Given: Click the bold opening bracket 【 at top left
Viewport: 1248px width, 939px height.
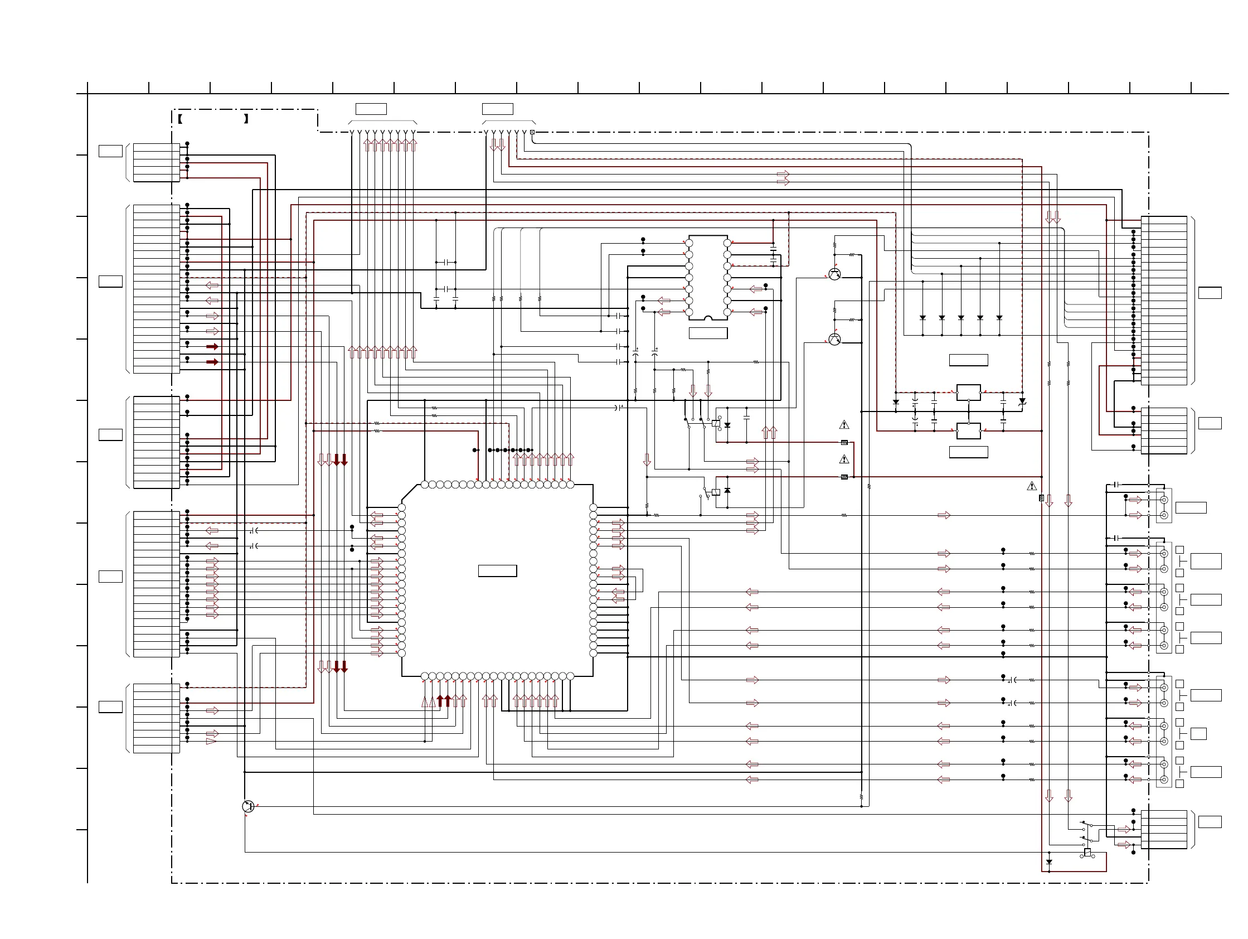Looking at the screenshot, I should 180,119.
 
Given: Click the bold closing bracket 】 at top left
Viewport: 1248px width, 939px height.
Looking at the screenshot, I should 246,119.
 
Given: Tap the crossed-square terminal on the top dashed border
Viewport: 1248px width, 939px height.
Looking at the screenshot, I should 532,133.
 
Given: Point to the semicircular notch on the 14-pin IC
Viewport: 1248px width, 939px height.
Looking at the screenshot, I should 708,320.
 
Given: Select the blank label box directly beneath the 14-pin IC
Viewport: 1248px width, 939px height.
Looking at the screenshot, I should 708,333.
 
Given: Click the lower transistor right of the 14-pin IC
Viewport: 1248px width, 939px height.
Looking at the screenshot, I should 835,339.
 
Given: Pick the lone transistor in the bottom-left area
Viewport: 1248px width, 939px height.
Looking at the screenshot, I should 248,807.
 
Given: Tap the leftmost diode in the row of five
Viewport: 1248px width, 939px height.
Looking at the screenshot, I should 922,318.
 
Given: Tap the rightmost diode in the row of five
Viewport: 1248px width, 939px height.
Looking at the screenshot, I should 999,318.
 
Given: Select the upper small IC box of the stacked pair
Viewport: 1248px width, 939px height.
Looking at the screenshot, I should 969,392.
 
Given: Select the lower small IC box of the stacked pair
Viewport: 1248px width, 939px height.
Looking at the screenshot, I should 969,431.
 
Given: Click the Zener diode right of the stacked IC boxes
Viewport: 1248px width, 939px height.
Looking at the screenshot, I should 1022,401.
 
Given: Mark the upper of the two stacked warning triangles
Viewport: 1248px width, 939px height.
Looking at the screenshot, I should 844,425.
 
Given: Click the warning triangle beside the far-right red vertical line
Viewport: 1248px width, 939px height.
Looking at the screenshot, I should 1032,486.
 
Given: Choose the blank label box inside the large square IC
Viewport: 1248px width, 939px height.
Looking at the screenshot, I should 498,570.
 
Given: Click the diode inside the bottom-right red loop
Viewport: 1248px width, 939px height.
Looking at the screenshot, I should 1049,862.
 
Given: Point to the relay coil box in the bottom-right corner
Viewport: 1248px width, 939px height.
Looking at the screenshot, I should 1087,853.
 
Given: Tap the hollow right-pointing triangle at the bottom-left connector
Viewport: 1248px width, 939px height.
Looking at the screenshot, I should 211,741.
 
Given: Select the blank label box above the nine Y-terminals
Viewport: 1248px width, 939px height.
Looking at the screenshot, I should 371,109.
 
